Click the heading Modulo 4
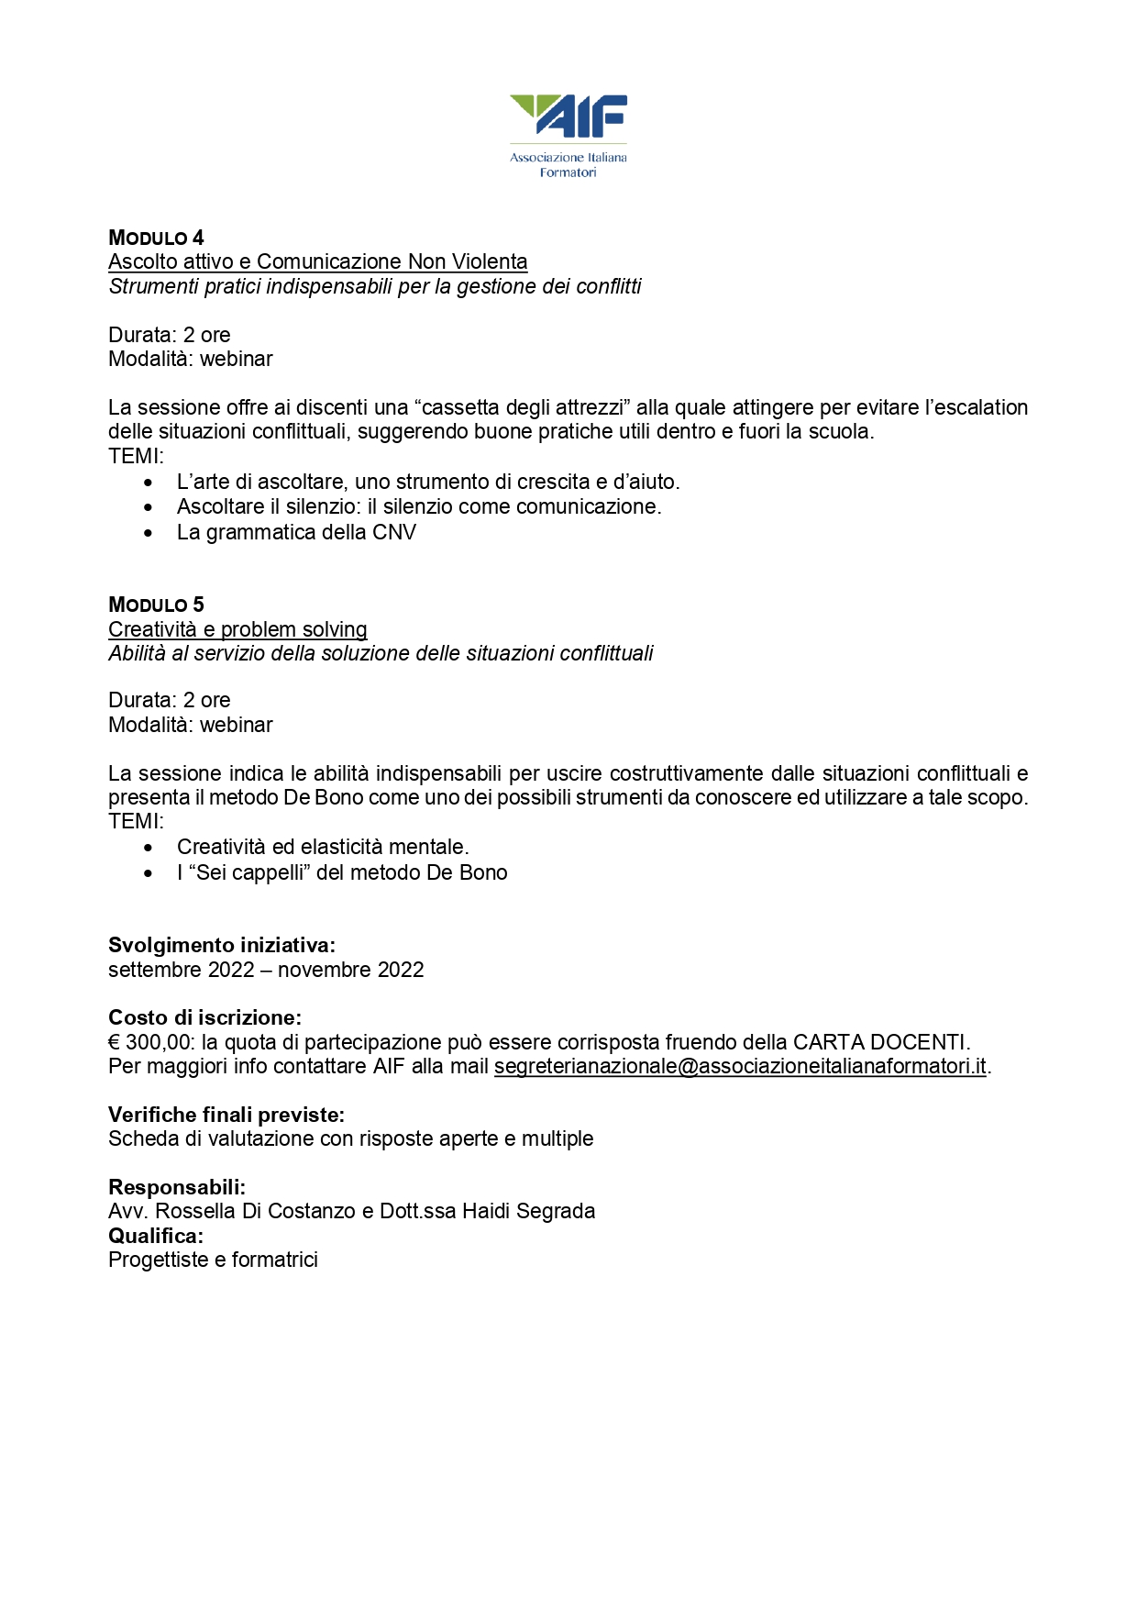tap(156, 239)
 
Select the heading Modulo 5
tap(156, 605)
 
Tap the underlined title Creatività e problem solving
tap(237, 629)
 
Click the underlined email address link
tap(740, 1066)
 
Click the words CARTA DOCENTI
tap(880, 1042)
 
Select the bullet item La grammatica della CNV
tap(296, 532)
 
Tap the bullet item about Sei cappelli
tap(342, 872)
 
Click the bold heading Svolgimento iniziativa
tap(222, 945)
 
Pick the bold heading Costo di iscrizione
tap(204, 1017)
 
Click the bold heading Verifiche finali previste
tap(226, 1115)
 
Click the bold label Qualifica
tap(156, 1236)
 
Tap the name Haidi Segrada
tap(528, 1211)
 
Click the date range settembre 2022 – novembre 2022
tap(266, 970)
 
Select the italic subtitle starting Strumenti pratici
tap(374, 286)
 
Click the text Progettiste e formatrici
tap(213, 1260)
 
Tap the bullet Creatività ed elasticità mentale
tap(323, 847)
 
